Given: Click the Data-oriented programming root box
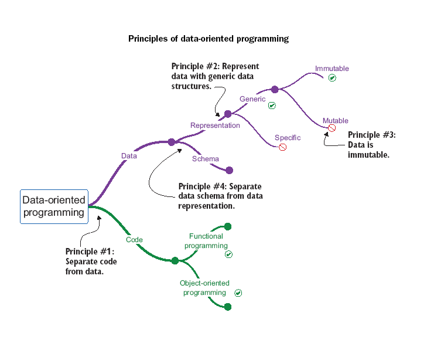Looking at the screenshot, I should (x=53, y=206).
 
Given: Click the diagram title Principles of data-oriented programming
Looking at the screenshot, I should (x=209, y=39).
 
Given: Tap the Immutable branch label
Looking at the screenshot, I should (x=332, y=69).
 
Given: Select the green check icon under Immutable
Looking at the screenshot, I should (x=332, y=78).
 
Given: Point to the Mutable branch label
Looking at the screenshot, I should (x=335, y=121).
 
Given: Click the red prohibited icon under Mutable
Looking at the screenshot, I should (x=332, y=128).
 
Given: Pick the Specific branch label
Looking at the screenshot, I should (x=288, y=138).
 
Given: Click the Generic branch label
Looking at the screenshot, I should (x=252, y=99).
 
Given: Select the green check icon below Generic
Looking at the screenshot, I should (x=272, y=106).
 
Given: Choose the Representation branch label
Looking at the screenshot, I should (x=215, y=125).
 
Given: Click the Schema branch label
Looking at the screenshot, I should (x=205, y=159).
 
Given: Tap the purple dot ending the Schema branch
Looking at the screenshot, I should (x=230, y=171).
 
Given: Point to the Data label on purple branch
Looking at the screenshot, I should (x=129, y=156).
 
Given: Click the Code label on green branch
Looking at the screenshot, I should (x=135, y=239).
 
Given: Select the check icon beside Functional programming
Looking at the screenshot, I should (x=228, y=254).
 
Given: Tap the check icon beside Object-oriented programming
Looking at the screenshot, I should (x=238, y=293).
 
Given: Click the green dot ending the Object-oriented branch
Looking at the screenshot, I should (x=228, y=307).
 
